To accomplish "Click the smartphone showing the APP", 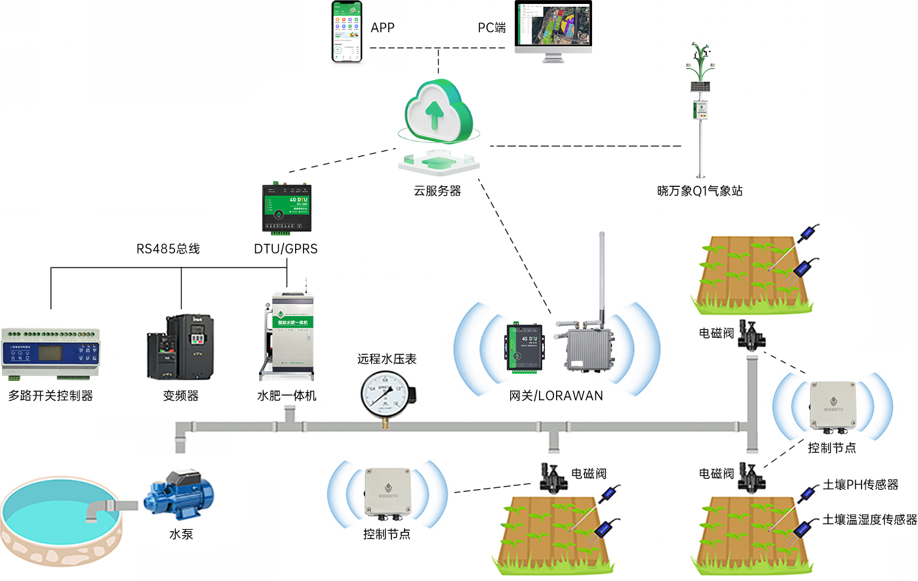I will pos(347,31).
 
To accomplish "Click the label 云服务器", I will pos(437,191).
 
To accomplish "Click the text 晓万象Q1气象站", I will pos(700,191).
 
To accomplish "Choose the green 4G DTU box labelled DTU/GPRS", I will pos(287,208).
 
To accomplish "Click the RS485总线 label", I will pos(168,249).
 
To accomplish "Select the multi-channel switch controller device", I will pos(51,353).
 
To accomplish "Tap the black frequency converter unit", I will pos(180,347).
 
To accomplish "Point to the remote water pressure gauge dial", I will pos(386,394).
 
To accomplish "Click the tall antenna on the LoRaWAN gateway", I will pos(602,275).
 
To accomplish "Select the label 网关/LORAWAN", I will pos(556,395).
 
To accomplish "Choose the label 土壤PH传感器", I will pos(860,485).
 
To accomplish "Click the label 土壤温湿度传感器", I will pos(869,519).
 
